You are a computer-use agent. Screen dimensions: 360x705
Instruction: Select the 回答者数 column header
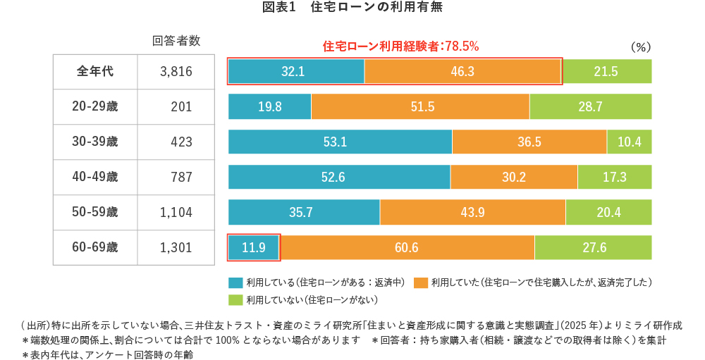pos(176,42)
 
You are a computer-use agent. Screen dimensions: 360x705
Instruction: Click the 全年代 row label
pos(95,71)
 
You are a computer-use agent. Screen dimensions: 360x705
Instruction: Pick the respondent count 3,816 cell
pos(176,71)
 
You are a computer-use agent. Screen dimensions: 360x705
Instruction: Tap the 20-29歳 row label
pos(95,106)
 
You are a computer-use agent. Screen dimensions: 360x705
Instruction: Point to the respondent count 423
pos(181,142)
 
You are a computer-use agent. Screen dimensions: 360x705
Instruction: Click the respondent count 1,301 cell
pos(176,247)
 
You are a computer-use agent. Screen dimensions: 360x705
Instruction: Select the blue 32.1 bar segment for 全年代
pos(296,71)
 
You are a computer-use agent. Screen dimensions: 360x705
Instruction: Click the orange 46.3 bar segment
pos(462,71)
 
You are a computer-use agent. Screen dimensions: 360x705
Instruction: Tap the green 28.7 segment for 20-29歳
pos(590,106)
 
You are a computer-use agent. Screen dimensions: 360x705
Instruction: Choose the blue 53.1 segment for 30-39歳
pos(340,142)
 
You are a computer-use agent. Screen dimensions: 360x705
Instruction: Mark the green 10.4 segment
pos(629,142)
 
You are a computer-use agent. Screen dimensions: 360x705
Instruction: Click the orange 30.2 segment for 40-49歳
pos(513,177)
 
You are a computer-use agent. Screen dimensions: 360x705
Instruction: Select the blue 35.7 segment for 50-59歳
pos(304,212)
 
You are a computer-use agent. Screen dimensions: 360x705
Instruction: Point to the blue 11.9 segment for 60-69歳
pos(254,247)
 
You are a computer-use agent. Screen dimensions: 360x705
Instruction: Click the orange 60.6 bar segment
pos(407,247)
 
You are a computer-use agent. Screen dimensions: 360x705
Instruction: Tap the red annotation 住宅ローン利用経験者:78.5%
pos(400,46)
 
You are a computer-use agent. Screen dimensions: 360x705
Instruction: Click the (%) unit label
pos(640,47)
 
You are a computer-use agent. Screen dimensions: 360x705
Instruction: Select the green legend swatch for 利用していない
pos(235,299)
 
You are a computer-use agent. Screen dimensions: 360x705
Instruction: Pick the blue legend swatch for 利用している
pos(235,283)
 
